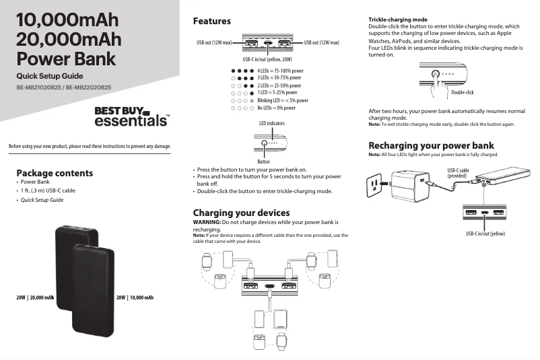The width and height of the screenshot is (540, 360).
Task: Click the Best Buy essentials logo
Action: pyautogui.click(x=131, y=116)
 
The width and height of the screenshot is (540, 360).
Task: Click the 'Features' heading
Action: pyautogui.click(x=212, y=22)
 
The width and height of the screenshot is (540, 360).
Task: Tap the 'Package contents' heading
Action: pyautogui.click(x=55, y=173)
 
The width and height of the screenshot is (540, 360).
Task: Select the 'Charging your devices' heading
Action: pyautogui.click(x=241, y=213)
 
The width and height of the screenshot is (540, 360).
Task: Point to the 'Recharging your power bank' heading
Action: pyautogui.click(x=431, y=145)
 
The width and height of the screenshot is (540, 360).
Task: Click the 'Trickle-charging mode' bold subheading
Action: pyautogui.click(x=398, y=20)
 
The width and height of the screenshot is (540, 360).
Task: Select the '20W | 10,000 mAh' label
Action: pyautogui.click(x=135, y=297)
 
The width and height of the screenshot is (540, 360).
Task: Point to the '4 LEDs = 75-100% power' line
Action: pyautogui.click(x=280, y=70)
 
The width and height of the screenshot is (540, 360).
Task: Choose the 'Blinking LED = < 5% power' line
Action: pyautogui.click(x=283, y=100)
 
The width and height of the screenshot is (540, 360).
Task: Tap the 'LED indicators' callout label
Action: pyautogui.click(x=271, y=124)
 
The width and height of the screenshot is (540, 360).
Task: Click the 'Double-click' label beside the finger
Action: pyautogui.click(x=463, y=92)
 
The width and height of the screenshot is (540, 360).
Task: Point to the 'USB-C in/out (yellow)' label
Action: pyautogui.click(x=485, y=233)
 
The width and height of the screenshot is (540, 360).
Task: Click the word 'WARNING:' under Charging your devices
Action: pyautogui.click(x=207, y=221)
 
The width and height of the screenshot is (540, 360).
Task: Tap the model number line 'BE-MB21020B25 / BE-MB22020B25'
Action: pyautogui.click(x=64, y=87)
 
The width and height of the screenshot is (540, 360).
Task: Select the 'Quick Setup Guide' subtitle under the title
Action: pyautogui.click(x=50, y=76)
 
